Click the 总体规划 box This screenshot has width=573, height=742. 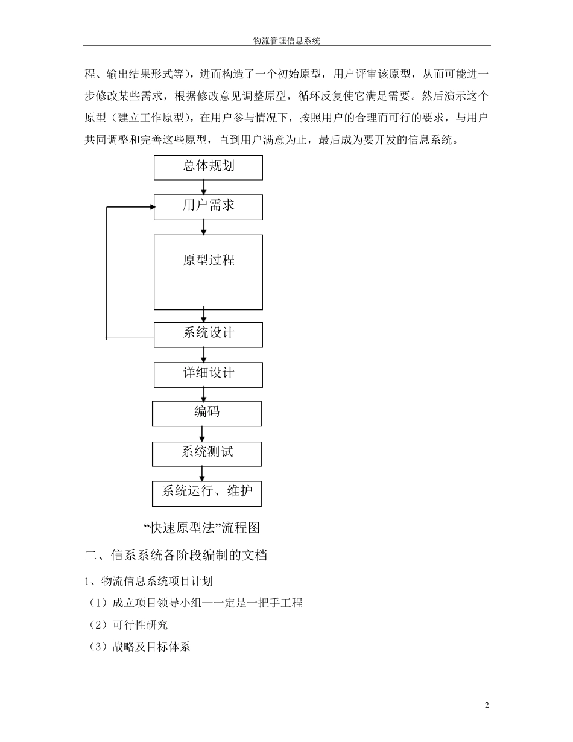tap(208, 167)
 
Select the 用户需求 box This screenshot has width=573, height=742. tap(208, 206)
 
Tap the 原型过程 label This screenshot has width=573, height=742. tap(209, 260)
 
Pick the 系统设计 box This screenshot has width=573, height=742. tap(208, 334)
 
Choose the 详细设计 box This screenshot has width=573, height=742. tap(208, 374)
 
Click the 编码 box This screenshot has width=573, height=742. tap(207, 413)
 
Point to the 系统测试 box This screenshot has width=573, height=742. tap(207, 453)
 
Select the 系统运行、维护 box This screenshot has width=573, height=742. tap(207, 493)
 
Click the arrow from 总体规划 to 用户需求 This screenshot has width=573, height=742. tap(204, 187)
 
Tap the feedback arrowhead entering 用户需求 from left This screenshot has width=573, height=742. tap(151, 207)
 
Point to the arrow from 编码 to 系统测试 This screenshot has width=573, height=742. tap(202, 434)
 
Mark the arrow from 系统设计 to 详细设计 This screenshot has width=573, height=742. tap(204, 355)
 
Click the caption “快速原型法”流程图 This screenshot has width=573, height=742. tap(202, 528)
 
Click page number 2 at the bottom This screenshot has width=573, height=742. tap(487, 705)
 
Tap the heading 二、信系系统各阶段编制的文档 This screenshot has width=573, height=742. tap(176, 556)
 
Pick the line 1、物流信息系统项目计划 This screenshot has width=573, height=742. tap(148, 581)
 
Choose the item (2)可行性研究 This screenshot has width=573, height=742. tap(128, 625)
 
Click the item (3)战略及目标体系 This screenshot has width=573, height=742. tap(139, 647)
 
